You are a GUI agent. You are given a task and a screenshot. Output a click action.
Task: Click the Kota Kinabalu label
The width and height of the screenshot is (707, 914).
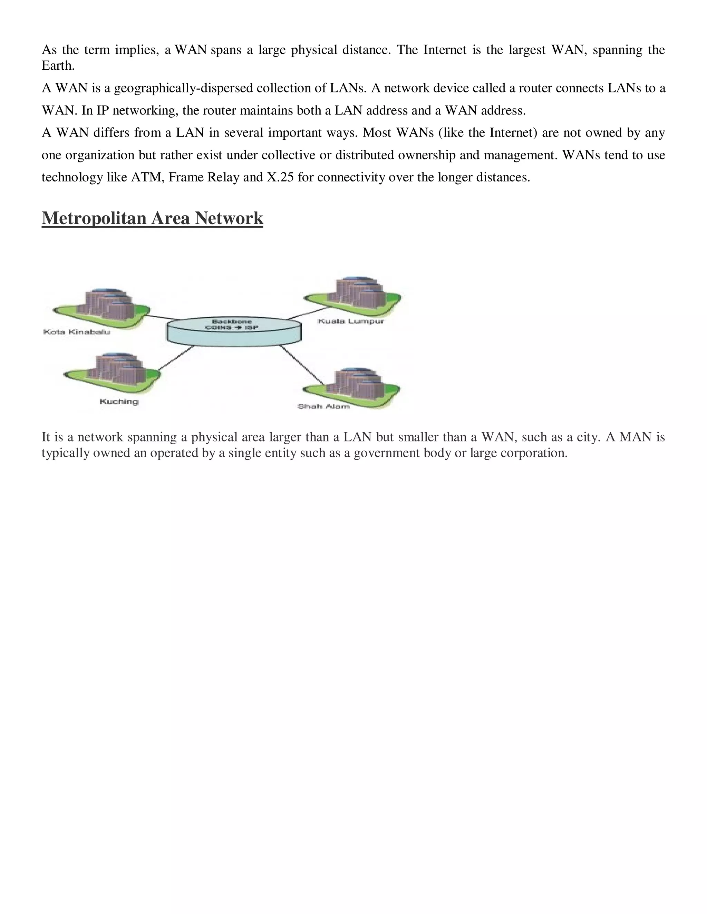[77, 332]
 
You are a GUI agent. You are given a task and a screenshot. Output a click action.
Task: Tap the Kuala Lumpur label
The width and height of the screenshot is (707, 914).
[351, 321]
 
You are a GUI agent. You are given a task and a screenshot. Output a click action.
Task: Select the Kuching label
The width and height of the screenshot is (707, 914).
[119, 402]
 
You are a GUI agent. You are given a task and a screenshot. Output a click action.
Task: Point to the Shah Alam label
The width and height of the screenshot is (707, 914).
[323, 406]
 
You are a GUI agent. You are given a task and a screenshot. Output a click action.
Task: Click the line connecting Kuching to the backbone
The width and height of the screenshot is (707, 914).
[176, 358]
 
